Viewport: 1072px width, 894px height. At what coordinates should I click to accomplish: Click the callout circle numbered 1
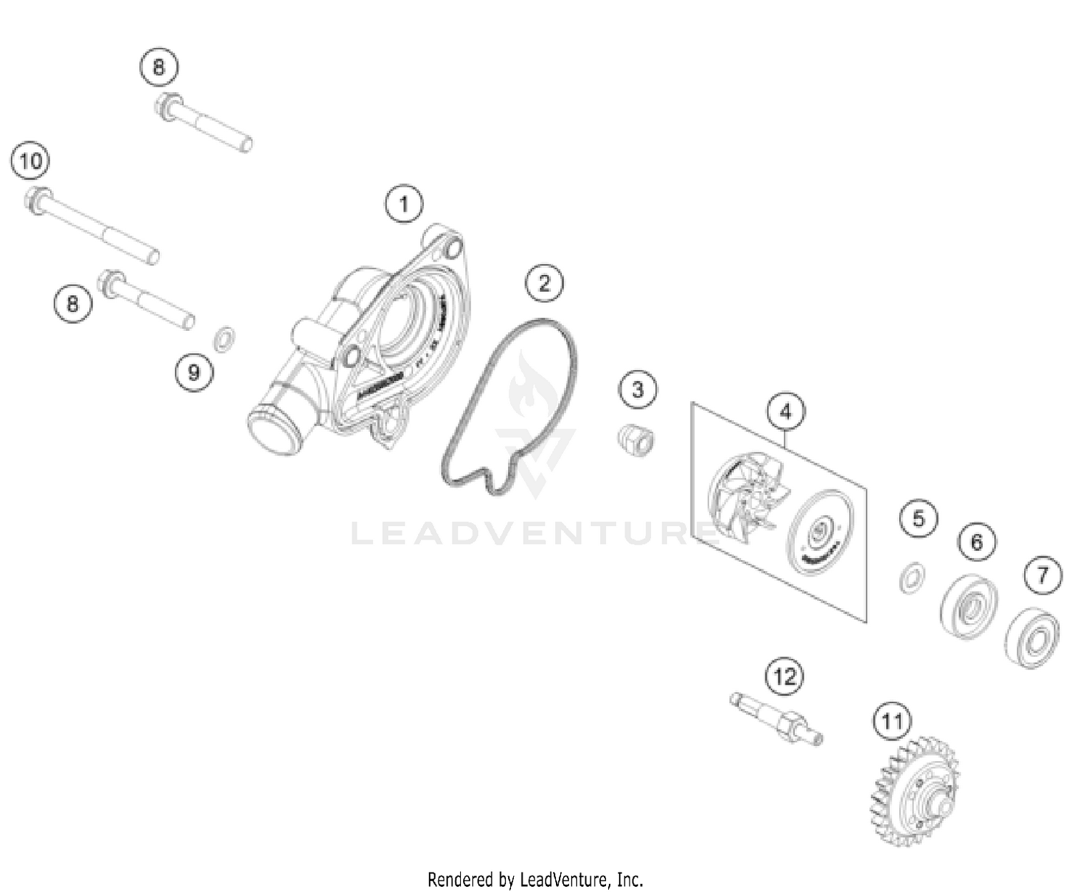click(404, 205)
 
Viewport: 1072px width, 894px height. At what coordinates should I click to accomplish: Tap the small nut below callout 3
click(635, 441)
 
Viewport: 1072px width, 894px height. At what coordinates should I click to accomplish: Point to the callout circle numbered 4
click(785, 412)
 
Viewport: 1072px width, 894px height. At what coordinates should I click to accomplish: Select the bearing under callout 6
click(969, 605)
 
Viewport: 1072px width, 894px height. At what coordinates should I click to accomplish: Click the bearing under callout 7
click(1031, 638)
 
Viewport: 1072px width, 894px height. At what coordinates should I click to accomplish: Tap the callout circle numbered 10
click(31, 162)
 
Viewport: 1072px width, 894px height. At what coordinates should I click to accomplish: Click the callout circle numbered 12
click(784, 676)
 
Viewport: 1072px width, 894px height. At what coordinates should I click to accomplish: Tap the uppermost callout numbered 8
click(158, 67)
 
